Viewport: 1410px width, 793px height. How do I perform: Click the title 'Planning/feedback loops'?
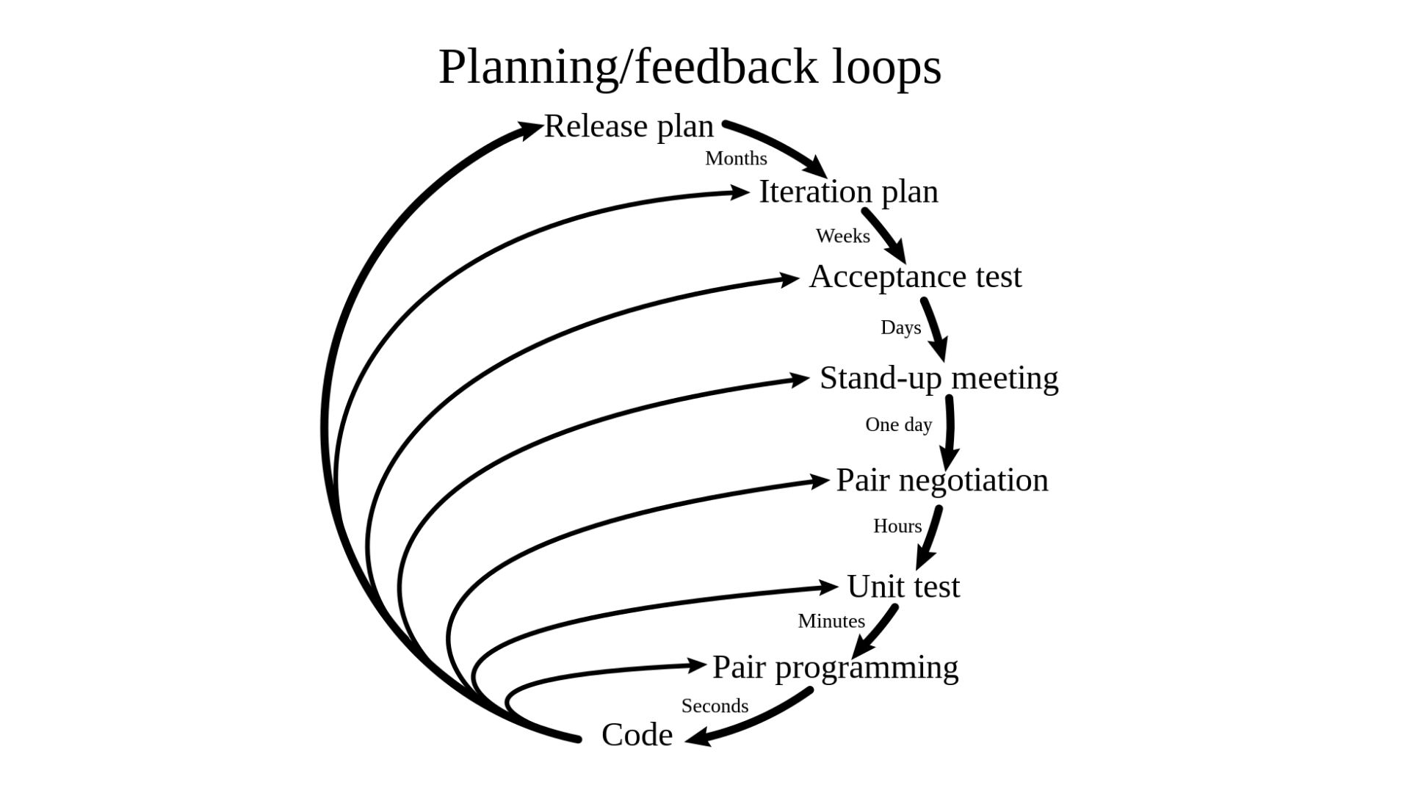coord(690,67)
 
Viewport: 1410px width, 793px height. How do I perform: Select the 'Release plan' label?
coord(629,126)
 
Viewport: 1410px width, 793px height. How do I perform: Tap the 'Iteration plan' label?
coord(848,192)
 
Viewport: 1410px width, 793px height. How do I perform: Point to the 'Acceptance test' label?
coord(915,277)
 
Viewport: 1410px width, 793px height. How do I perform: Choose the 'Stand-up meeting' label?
coord(939,378)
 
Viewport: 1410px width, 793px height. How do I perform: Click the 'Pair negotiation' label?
coord(942,480)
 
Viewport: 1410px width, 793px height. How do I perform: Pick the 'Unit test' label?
coord(903,587)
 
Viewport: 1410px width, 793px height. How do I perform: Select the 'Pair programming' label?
coord(835,667)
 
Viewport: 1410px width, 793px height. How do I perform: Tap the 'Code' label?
coord(637,735)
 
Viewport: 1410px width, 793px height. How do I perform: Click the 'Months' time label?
coord(736,159)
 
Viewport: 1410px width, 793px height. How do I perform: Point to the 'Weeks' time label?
coord(842,236)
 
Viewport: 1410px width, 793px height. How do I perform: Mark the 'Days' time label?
coord(900,327)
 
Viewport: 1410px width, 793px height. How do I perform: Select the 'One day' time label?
coord(898,425)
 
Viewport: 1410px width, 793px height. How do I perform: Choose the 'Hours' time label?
coord(897,526)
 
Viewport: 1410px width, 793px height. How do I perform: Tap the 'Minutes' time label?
coord(831,621)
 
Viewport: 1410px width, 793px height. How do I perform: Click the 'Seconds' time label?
coord(715,706)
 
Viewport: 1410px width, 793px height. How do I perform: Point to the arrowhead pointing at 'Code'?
coord(698,737)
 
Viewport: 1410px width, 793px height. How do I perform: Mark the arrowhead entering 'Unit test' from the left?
coord(828,587)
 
